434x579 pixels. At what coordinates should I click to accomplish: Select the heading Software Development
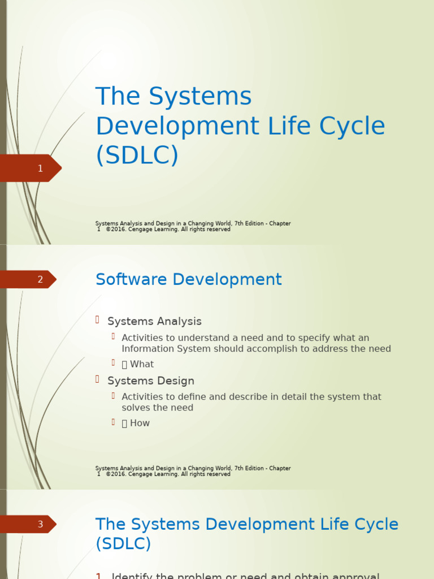pyautogui.click(x=188, y=279)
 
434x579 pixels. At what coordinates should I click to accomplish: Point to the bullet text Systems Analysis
pyautogui.click(x=154, y=321)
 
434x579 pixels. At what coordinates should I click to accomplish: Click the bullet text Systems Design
pyautogui.click(x=151, y=381)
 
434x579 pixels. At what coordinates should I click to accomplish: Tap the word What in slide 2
pyautogui.click(x=142, y=364)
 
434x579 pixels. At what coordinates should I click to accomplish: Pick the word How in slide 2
pyautogui.click(x=140, y=423)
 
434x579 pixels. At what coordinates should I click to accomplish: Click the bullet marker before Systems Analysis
pyautogui.click(x=98, y=320)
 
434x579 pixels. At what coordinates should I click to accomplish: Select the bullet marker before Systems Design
pyautogui.click(x=98, y=379)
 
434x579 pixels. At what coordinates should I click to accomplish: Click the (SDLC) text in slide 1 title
pyautogui.click(x=137, y=155)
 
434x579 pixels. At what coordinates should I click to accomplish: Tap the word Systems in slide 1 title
pyautogui.click(x=201, y=97)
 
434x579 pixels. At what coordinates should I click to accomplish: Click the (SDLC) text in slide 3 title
pyautogui.click(x=123, y=544)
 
